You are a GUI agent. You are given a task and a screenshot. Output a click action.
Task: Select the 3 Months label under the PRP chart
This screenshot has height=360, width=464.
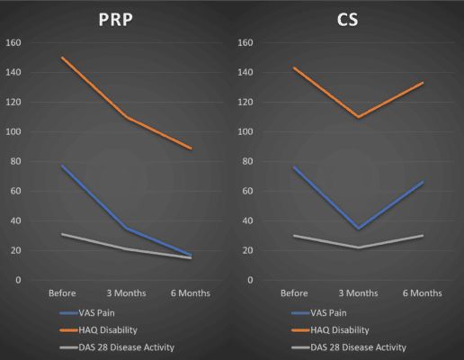pyautogui.click(x=126, y=293)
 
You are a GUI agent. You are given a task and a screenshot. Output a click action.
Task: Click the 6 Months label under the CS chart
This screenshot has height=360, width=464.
pyautogui.click(x=423, y=293)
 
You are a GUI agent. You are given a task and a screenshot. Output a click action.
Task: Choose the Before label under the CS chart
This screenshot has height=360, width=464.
pyautogui.click(x=294, y=293)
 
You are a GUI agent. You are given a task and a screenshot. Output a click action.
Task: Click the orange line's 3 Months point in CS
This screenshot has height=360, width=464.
pyautogui.click(x=358, y=117)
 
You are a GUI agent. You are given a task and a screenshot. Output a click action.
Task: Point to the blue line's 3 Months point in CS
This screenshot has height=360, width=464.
pyautogui.click(x=358, y=229)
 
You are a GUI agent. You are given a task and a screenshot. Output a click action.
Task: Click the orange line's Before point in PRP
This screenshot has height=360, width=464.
pyautogui.click(x=61, y=58)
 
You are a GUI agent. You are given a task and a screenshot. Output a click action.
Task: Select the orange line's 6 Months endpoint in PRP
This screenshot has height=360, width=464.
pyautogui.click(x=191, y=148)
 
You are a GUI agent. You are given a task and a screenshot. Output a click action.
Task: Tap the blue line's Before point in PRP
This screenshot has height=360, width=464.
pyautogui.click(x=61, y=166)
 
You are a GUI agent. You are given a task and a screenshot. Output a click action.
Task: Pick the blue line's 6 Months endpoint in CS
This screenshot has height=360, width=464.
pyautogui.click(x=423, y=182)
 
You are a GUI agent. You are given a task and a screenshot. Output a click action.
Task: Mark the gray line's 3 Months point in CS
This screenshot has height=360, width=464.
pyautogui.click(x=358, y=247)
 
